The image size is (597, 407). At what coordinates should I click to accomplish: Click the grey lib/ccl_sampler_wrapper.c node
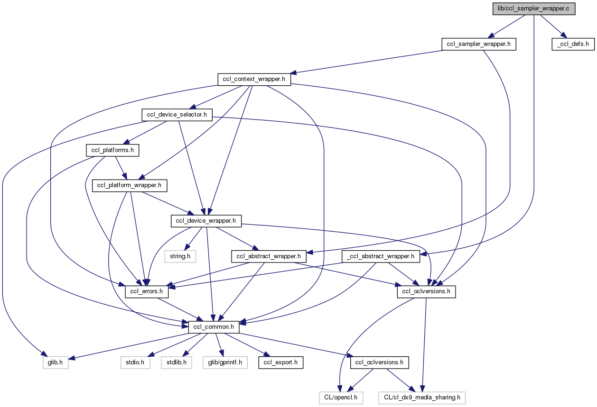tap(534, 9)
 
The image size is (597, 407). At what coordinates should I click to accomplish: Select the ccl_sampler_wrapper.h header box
tap(478, 44)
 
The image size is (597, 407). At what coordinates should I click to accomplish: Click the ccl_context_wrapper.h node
tap(254, 79)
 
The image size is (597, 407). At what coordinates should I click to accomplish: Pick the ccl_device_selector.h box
tap(177, 115)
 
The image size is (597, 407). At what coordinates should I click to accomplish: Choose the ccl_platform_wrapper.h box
tap(130, 185)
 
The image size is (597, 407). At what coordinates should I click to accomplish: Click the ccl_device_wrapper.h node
tap(206, 220)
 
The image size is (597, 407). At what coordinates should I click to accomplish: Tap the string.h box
tap(180, 256)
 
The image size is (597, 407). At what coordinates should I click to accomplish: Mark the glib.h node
tap(54, 362)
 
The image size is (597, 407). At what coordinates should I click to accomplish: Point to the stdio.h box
tap(135, 362)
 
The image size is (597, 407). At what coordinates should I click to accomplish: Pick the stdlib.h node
tap(176, 362)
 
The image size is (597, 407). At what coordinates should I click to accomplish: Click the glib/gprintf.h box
tap(224, 362)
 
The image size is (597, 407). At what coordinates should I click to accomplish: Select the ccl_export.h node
tap(280, 362)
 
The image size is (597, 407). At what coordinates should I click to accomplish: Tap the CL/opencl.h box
tap(341, 397)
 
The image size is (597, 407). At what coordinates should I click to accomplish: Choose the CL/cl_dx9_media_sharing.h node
tap(422, 397)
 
